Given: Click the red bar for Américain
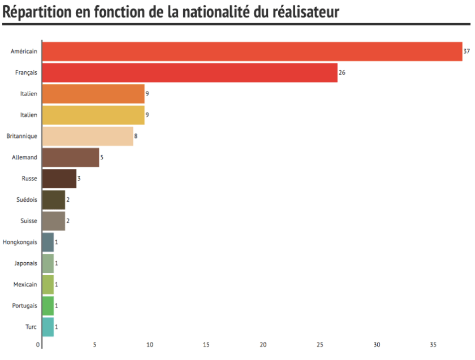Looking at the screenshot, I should (252, 51).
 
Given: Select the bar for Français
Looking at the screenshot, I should (190, 72).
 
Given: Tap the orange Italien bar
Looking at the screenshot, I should (93, 94).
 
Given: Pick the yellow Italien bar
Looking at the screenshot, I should (93, 115).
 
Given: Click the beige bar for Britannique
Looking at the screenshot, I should (88, 136).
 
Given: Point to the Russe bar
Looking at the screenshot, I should (59, 179).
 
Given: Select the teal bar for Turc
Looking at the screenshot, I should (48, 327).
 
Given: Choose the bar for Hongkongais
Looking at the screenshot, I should (48, 242).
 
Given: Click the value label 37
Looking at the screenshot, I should (467, 51).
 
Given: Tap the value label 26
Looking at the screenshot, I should (342, 73).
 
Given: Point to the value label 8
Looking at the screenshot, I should (136, 136).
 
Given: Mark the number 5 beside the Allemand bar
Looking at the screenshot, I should (102, 157).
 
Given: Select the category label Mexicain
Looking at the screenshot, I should (25, 284).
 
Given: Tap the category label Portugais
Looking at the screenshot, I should (25, 306).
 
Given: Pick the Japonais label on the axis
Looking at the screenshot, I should (25, 263).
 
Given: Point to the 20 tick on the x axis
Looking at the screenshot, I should (264, 345).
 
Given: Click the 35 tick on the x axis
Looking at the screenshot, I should (434, 345).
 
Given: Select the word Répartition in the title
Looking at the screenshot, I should (36, 12).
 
